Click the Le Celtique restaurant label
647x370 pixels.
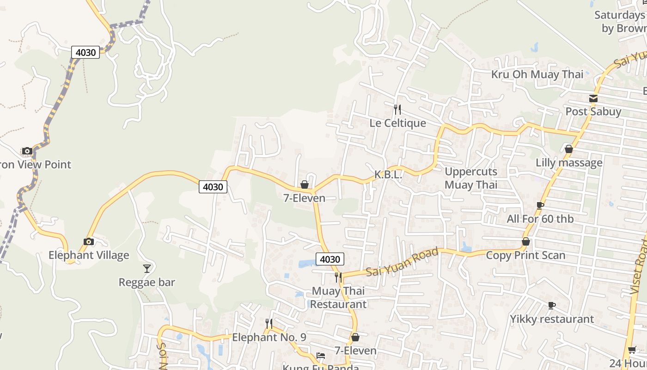(x=397, y=123)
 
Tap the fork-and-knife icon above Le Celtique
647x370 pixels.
(x=397, y=110)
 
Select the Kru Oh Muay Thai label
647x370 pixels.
(x=537, y=74)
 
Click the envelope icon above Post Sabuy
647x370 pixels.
(x=593, y=99)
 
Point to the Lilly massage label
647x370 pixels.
(x=569, y=163)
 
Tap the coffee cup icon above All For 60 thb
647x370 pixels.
(x=540, y=205)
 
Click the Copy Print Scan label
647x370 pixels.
(x=525, y=255)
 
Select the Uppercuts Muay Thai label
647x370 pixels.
(x=471, y=178)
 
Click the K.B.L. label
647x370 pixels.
(x=388, y=175)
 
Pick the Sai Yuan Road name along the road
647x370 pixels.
(x=402, y=262)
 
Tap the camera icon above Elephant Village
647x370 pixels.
(x=89, y=241)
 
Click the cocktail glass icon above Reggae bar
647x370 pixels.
(x=147, y=269)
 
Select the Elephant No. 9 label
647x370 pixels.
(x=269, y=337)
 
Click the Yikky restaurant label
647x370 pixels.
(x=552, y=319)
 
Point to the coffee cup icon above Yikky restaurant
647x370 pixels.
(x=551, y=305)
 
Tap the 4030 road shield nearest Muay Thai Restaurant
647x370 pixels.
(x=330, y=259)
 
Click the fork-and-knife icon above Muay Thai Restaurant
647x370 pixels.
(x=338, y=277)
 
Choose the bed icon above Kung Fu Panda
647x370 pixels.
(x=320, y=356)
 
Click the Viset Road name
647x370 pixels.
(x=640, y=273)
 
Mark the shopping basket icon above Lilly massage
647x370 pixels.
(x=569, y=149)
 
